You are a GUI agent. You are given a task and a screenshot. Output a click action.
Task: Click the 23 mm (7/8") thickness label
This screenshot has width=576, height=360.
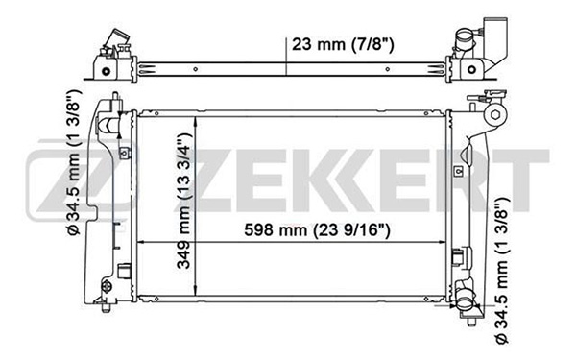point(343,45)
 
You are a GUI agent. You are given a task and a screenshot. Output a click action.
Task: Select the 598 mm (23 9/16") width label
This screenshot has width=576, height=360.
point(317,230)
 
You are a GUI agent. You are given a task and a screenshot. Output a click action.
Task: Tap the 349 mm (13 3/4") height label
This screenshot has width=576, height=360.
point(184,201)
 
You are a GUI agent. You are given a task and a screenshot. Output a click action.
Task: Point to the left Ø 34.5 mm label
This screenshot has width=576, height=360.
point(73,162)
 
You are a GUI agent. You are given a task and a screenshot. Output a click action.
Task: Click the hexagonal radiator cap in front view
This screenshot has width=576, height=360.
point(495,115)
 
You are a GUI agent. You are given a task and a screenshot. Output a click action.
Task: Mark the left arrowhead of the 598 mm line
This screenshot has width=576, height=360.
point(140,242)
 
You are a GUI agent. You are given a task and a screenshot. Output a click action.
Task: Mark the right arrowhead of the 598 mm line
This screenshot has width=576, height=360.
point(442,242)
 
